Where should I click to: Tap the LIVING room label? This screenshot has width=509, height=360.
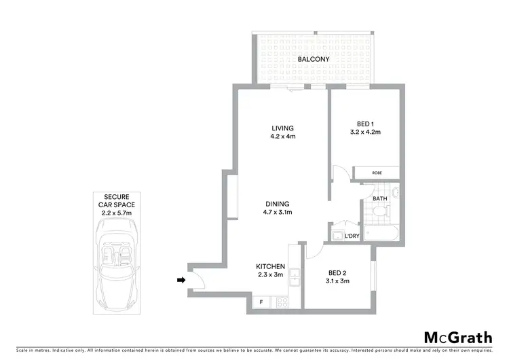tap(283, 128)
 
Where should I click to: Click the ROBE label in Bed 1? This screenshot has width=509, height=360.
tap(376, 173)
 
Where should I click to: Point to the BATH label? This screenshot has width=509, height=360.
tap(379, 198)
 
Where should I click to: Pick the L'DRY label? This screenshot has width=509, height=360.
tap(352, 236)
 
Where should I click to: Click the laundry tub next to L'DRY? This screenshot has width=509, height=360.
tap(337, 235)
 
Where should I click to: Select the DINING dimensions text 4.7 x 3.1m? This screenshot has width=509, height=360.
tap(278, 212)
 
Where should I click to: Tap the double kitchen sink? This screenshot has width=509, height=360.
tap(295, 277)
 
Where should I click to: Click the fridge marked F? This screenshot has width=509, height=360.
tap(261, 301)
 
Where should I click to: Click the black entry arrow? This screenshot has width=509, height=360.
tap(180, 279)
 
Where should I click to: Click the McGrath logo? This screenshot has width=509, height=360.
tap(459, 338)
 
